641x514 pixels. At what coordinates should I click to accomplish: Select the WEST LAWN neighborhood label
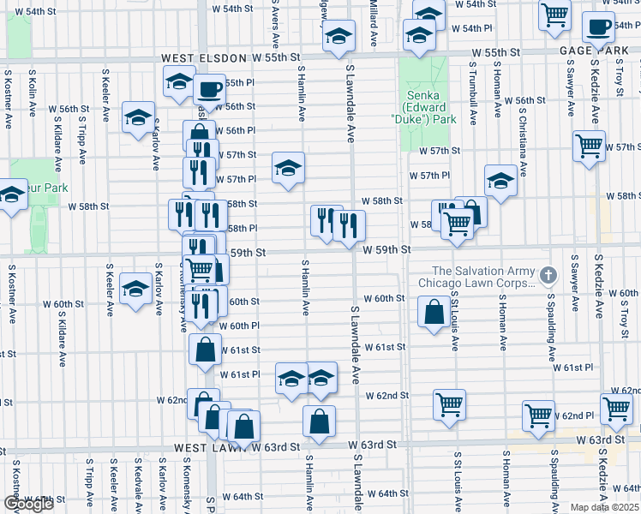pos(213,447)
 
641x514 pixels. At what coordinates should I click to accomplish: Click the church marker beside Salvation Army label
pos(550,276)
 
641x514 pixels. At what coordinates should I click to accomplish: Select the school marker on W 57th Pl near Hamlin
pos(289,168)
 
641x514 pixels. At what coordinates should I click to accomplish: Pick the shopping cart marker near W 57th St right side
pos(589,146)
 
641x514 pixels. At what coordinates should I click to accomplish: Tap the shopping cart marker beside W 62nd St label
pos(450,404)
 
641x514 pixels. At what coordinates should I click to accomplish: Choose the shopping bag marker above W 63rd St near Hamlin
pos(319,421)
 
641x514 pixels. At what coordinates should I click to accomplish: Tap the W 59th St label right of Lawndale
pos(386,250)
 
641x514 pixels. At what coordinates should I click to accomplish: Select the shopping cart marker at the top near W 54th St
pos(554,14)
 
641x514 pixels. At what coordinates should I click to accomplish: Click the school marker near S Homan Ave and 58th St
pos(500,181)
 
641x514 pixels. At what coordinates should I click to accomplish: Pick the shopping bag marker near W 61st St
pos(205,350)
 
